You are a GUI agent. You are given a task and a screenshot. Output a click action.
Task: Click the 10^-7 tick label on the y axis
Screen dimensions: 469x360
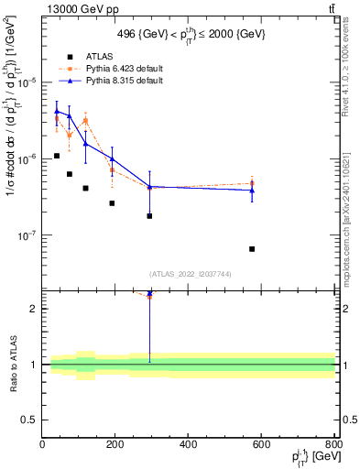27,235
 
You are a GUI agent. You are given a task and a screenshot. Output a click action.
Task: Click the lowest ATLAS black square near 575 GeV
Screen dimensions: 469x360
252,249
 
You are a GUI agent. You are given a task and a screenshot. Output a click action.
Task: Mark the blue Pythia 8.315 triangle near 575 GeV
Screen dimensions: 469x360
252,190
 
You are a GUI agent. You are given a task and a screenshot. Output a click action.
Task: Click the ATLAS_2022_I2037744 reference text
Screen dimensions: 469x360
189,273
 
